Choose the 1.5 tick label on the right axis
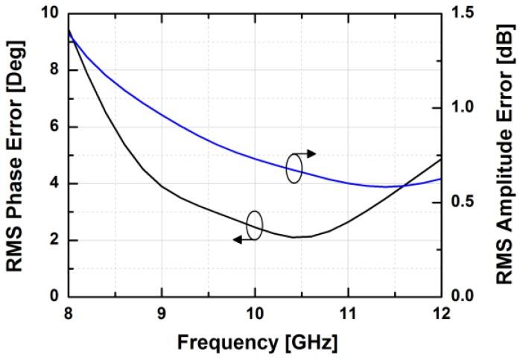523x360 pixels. tap(463, 14)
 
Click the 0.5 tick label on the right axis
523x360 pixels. tap(463, 202)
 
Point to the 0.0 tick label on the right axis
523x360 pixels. tap(463, 297)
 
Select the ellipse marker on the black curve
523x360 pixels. tap(254, 226)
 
